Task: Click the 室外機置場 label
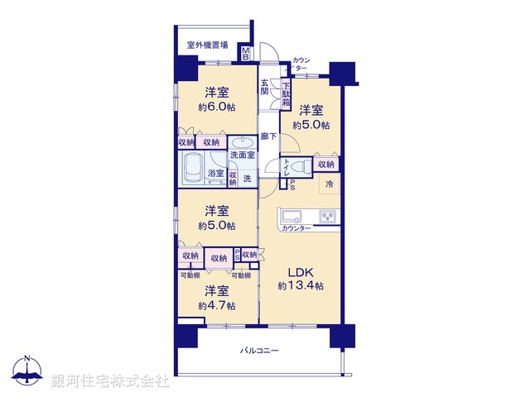207,45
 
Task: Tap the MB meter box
246,55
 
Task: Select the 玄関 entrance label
265,87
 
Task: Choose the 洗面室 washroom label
243,155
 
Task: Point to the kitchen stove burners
328,218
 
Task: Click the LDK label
300,271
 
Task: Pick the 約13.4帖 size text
300,285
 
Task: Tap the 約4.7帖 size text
216,305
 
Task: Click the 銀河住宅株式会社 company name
110,381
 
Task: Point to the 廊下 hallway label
268,136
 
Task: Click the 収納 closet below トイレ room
326,165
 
